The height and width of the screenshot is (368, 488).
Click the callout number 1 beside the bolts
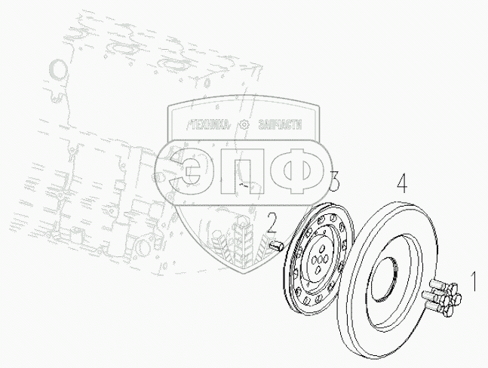(x=474, y=281)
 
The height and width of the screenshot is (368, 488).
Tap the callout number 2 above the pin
(x=272, y=223)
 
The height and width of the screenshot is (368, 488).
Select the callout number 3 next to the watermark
(x=334, y=181)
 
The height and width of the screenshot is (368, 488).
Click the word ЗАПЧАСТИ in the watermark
(x=280, y=125)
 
